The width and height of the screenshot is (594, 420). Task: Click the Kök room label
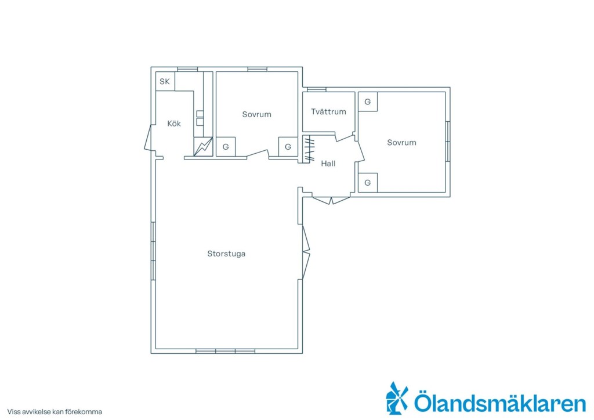(x=174, y=124)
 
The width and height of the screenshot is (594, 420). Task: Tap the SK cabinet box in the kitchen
(x=165, y=81)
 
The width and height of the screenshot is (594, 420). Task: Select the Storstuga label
(x=226, y=254)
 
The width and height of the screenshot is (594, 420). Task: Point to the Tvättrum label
(x=328, y=112)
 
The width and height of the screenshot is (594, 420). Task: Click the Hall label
(x=328, y=164)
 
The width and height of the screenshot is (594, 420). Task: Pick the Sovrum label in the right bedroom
(x=401, y=142)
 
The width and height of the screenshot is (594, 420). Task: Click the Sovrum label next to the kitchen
(x=257, y=114)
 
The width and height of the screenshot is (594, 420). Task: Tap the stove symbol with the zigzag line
(x=203, y=147)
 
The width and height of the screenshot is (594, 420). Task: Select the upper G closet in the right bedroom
(x=368, y=102)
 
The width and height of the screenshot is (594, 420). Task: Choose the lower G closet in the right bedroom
(x=368, y=183)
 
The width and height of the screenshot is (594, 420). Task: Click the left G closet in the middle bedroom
(x=226, y=147)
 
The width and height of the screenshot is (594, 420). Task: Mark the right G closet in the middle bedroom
(x=288, y=147)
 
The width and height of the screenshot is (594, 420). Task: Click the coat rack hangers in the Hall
(x=310, y=150)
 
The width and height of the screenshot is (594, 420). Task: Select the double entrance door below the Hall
(x=331, y=200)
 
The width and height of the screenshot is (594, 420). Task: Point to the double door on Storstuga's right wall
(x=306, y=252)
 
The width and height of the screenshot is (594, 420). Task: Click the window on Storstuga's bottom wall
(x=226, y=352)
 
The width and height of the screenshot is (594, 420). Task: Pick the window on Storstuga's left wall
(x=153, y=251)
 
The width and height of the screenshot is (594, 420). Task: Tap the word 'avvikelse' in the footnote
(x=35, y=412)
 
